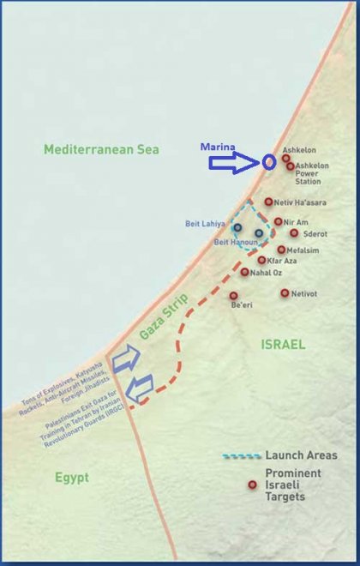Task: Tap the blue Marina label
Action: pos(219,146)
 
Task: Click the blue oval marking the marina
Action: pos(269,161)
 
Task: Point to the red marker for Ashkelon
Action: pos(285,158)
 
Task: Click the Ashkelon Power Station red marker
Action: pos(291,166)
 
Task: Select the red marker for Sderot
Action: pos(294,232)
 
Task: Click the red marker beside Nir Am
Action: pos(278,221)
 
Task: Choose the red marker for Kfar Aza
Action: pos(261,260)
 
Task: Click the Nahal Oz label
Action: pos(267,273)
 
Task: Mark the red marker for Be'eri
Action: pos(234,295)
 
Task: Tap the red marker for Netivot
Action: pos(285,292)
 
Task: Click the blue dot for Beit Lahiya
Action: pos(237,228)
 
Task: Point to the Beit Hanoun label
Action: pos(233,243)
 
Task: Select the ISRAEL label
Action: pos(283,344)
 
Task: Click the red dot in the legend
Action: pos(252,485)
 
